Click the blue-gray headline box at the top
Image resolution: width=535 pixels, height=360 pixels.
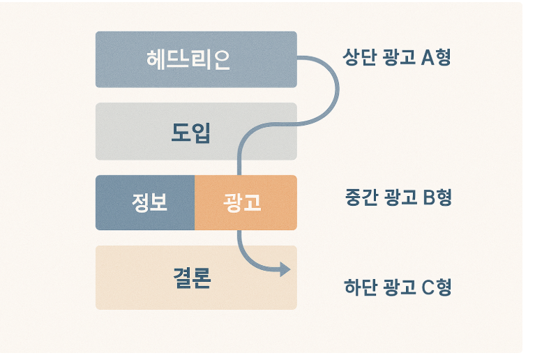[195, 59]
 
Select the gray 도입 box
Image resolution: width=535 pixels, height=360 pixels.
[195, 131]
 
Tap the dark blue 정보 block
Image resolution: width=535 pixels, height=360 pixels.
[145, 202]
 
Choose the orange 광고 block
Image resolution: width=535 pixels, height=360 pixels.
[246, 202]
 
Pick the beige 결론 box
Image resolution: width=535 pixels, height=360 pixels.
[195, 278]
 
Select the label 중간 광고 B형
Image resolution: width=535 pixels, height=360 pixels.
[398, 197]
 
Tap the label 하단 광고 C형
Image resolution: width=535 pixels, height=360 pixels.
[398, 287]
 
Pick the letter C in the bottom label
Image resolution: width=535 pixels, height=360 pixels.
[429, 287]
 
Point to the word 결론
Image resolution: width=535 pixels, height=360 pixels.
[192, 278]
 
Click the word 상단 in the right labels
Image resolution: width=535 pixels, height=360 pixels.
[359, 57]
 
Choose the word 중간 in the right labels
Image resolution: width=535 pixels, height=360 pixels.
[361, 197]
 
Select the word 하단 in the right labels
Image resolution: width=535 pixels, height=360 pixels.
[359, 287]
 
